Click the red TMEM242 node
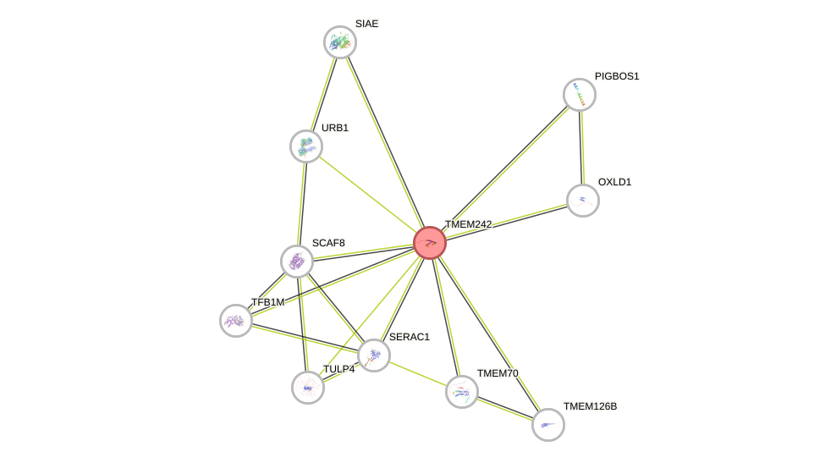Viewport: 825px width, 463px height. tap(430, 243)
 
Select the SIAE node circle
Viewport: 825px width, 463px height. tap(340, 42)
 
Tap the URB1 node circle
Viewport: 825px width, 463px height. tap(306, 146)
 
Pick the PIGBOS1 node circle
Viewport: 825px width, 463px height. tap(580, 95)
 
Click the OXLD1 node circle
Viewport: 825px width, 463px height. tap(583, 201)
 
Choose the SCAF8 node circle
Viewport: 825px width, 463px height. tap(297, 262)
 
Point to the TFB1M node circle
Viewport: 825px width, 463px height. tap(236, 321)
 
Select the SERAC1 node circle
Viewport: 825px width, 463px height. tap(374, 356)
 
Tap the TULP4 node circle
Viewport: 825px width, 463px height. tap(308, 388)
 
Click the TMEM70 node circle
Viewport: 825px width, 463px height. tap(462, 392)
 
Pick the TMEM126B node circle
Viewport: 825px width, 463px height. tap(548, 425)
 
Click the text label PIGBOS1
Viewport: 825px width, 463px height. tap(617, 76)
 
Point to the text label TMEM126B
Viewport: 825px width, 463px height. tap(590, 406)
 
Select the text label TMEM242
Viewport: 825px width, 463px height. tap(468, 224)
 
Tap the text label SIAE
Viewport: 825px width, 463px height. tap(366, 24)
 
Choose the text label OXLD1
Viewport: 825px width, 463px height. tap(614, 182)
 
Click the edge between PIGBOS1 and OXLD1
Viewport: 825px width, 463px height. tap(581, 148)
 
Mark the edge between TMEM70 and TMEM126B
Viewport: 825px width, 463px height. tap(505, 409)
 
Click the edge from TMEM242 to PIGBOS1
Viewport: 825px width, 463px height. tap(505, 168)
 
